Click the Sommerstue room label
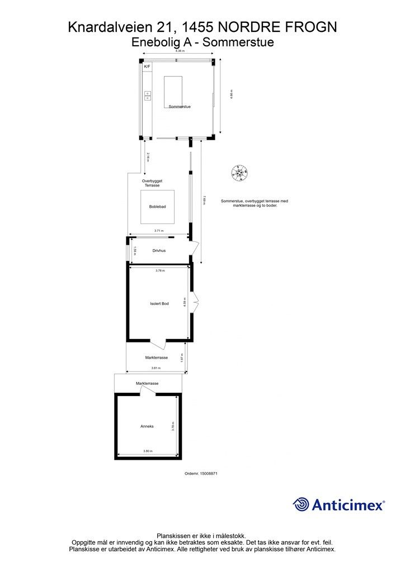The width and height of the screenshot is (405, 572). [180, 106]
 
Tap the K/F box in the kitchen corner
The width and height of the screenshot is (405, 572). [147, 67]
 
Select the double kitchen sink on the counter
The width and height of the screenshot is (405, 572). [148, 96]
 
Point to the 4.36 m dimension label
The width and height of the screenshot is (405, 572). [179, 51]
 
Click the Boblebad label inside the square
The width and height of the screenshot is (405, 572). [157, 207]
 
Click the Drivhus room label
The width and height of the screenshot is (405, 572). [159, 251]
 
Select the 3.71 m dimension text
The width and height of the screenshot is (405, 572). [159, 231]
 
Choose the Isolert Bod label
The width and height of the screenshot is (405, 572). [159, 303]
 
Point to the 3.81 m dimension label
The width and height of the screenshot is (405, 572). [156, 368]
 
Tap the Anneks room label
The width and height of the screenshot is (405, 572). [147, 426]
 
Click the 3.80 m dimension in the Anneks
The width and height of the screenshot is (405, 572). [148, 451]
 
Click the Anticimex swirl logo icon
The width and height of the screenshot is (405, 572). [301, 504]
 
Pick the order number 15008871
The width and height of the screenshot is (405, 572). [200, 473]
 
